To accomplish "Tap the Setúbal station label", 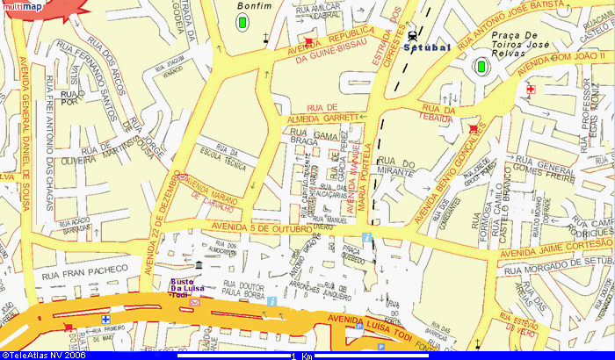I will [x=426, y=47].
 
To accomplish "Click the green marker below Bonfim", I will [x=242, y=22].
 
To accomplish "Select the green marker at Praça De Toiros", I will [x=481, y=66].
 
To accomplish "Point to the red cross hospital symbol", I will [x=530, y=90].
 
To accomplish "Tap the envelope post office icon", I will [x=194, y=301].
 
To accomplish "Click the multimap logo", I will [x=22, y=7].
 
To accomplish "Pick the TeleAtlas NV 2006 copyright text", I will [x=44, y=355].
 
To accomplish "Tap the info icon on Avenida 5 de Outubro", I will [x=366, y=238].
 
